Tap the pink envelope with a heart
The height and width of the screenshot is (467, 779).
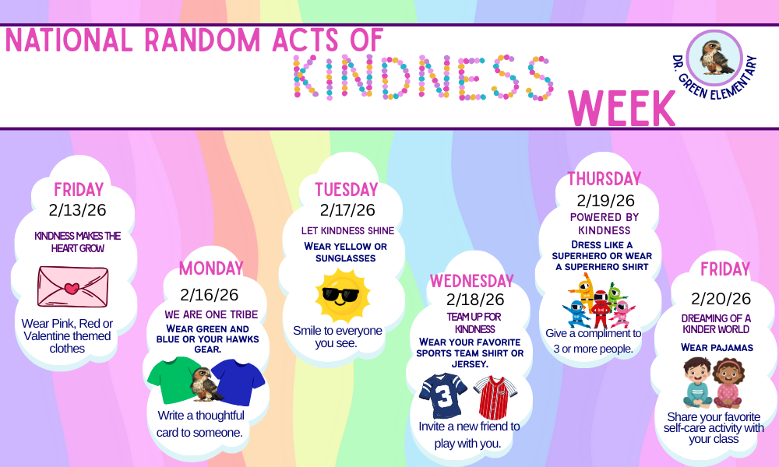pos(72,286)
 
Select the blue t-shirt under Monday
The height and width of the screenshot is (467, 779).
pos(238,381)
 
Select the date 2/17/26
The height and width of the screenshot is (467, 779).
pos(347,210)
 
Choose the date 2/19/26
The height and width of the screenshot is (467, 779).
pos(605,200)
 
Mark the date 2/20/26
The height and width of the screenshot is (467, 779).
pos(721,299)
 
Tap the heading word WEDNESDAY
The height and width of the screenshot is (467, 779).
pos(472,280)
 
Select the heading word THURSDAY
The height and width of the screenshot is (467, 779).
pos(604,179)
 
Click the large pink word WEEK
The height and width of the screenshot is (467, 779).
pos(622,108)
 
